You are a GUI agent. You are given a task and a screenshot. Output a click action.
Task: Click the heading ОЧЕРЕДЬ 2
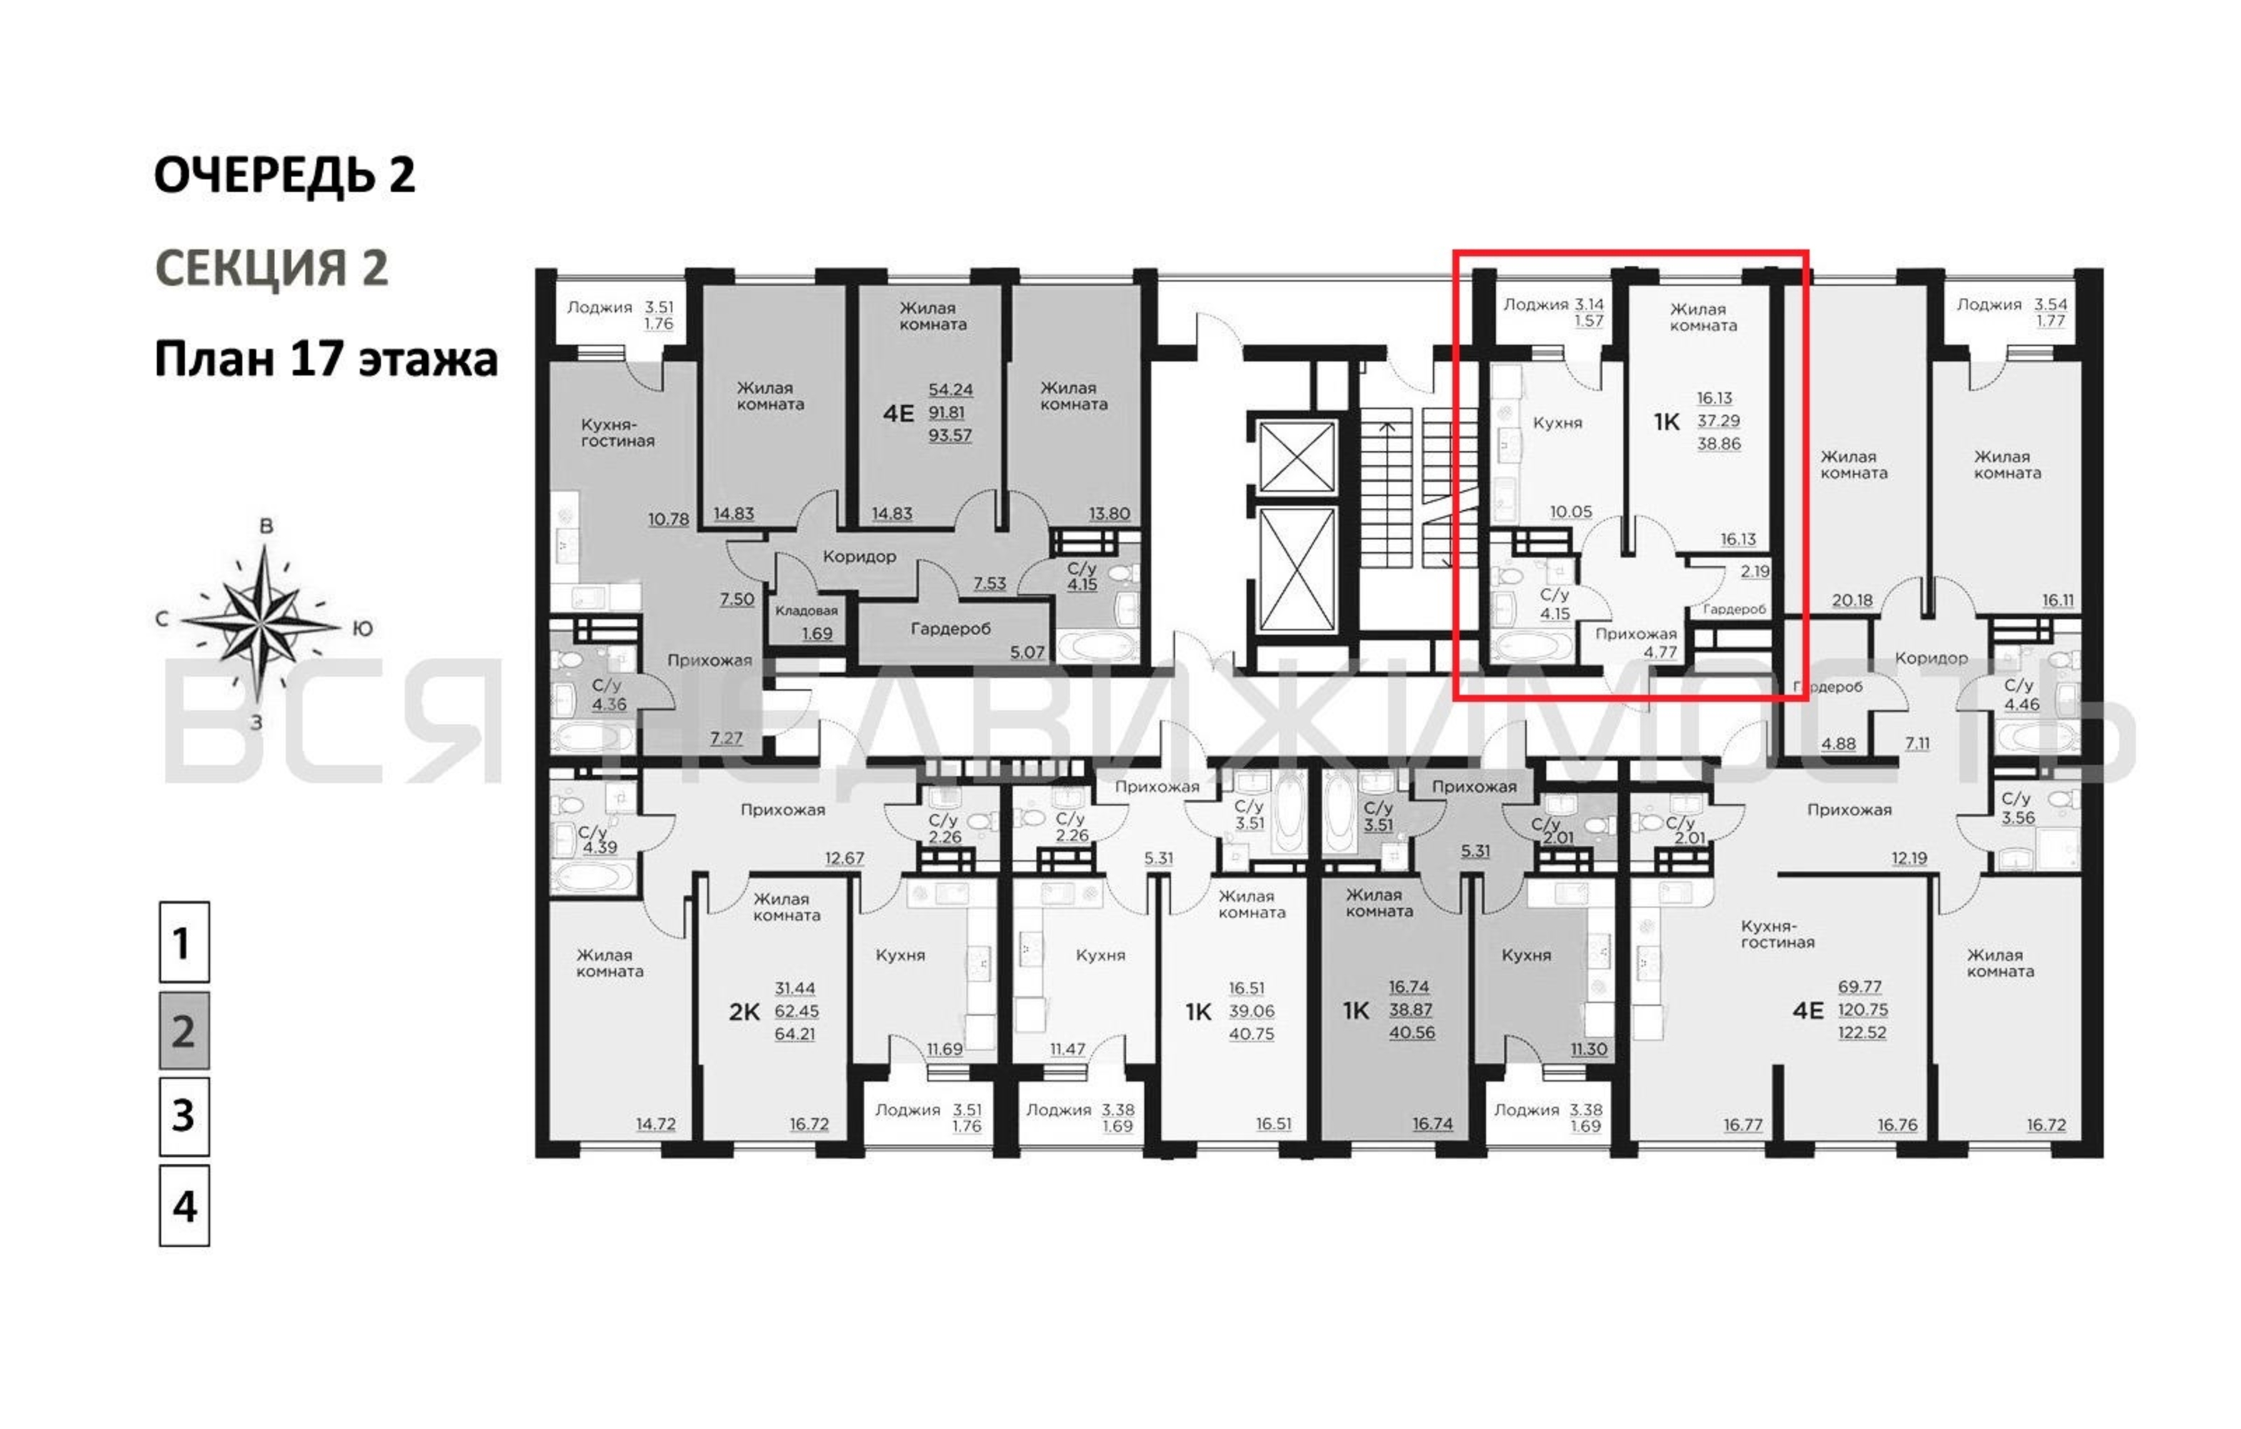pos(285,175)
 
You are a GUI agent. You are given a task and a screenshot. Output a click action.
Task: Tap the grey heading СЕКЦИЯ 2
pos(271,268)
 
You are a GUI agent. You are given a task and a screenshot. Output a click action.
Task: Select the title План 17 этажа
pos(326,359)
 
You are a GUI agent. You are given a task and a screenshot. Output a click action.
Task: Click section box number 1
pos(184,942)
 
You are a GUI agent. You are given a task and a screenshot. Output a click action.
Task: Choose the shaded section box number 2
pos(184,1030)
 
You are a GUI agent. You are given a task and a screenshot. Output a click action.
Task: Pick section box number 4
pos(184,1205)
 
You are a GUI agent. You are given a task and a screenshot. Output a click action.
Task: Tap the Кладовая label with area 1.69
pos(807,611)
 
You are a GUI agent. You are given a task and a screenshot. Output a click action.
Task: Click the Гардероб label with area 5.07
pos(950,629)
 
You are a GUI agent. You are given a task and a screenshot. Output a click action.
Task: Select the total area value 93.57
pos(950,434)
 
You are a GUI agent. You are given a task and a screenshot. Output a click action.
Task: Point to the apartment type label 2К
pos(744,1012)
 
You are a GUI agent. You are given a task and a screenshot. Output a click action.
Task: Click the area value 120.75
pos(1862,1010)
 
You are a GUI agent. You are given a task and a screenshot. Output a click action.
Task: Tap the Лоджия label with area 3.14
pos(1536,304)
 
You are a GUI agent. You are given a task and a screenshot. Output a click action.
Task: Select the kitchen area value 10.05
pos(1571,512)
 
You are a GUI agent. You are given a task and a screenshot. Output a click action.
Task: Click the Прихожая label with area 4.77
pos(1636,634)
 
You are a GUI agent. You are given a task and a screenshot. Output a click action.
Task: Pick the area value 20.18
pos(1852,600)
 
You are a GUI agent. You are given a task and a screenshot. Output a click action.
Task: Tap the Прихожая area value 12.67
pos(844,858)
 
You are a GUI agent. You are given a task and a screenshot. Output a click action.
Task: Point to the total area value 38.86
pos(1719,444)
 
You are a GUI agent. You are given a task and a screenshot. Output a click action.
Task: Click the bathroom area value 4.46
pos(2022,704)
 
